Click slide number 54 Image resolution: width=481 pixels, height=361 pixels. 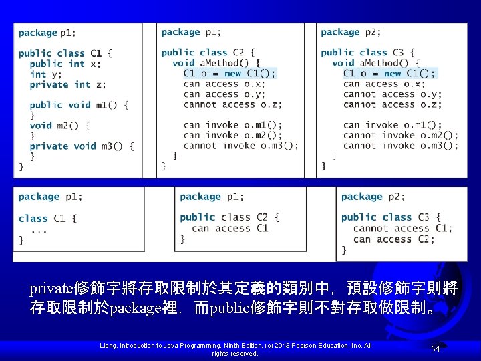[x=436, y=349]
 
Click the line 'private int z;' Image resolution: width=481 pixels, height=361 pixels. [x=67, y=84]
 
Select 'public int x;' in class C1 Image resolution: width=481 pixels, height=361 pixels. [x=65, y=64]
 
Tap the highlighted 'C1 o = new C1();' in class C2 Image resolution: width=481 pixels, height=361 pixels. [x=229, y=74]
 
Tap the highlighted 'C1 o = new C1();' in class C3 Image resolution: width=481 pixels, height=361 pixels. [x=389, y=74]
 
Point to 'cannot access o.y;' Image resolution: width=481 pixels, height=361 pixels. [x=392, y=94]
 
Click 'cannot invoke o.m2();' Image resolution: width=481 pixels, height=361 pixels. [x=401, y=135]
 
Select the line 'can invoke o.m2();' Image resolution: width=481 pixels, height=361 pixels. [x=232, y=135]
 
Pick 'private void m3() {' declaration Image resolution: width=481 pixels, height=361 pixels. [x=82, y=146]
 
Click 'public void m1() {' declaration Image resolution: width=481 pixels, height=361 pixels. [x=79, y=105]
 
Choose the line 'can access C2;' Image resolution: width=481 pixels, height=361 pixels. [x=394, y=239]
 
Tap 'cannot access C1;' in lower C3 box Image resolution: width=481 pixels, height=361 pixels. [x=402, y=229]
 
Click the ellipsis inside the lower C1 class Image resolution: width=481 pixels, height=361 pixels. [x=39, y=231]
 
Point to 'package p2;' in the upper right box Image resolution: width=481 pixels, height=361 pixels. [x=351, y=32]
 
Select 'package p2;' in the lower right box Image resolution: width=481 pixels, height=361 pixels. [x=373, y=197]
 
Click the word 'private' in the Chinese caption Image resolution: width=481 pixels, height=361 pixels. [x=51, y=289]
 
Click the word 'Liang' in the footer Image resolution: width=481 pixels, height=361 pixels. [x=108, y=346]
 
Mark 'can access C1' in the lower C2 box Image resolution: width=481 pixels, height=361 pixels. [x=230, y=229]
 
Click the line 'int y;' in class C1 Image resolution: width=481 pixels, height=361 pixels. [x=45, y=74]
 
